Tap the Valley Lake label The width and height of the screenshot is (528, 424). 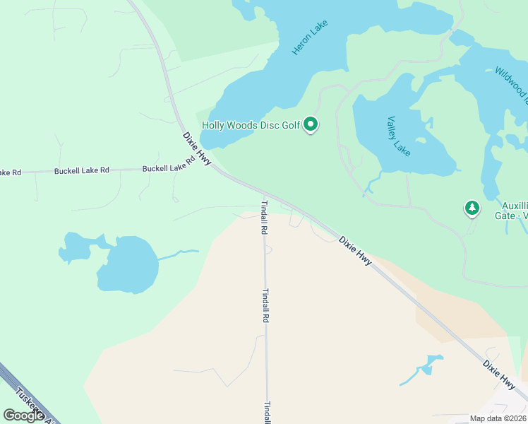(x=399, y=136)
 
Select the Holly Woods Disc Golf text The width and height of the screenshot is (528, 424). (x=251, y=126)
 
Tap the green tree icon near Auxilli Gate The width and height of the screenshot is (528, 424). (x=472, y=208)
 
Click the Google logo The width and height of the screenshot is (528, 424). (x=24, y=416)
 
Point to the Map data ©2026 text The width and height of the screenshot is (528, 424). (x=498, y=418)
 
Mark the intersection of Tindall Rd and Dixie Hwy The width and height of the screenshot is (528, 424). (x=265, y=194)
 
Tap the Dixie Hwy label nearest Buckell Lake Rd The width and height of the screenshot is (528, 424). (x=197, y=148)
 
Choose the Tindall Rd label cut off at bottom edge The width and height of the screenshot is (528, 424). (x=268, y=412)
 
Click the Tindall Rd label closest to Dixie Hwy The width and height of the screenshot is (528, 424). (x=264, y=216)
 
